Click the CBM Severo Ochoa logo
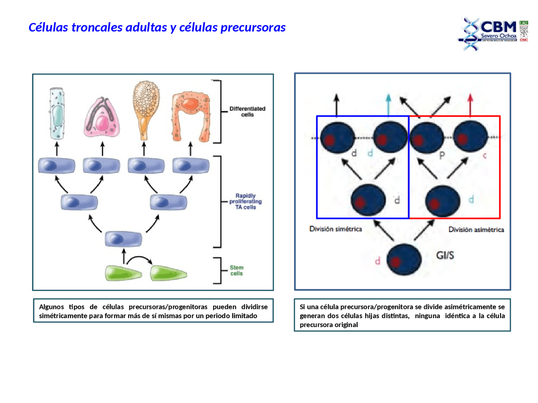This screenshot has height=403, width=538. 493,33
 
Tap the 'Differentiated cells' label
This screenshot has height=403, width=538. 247,111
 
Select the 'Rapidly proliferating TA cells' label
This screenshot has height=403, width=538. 245,201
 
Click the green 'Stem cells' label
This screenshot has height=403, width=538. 236,270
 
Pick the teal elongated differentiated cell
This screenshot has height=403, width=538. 57,114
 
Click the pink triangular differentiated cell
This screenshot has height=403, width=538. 101,118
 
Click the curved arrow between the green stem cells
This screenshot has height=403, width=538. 139,259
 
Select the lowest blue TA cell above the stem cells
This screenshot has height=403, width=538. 123,239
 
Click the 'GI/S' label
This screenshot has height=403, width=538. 445,255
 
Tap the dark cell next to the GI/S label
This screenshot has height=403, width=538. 403,259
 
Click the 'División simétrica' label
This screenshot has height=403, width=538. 335,229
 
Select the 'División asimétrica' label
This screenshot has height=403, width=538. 476,230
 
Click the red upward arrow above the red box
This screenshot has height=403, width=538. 470,104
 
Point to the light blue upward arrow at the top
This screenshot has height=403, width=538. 388,104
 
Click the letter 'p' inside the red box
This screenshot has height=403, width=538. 442,155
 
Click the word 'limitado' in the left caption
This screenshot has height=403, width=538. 243,316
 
